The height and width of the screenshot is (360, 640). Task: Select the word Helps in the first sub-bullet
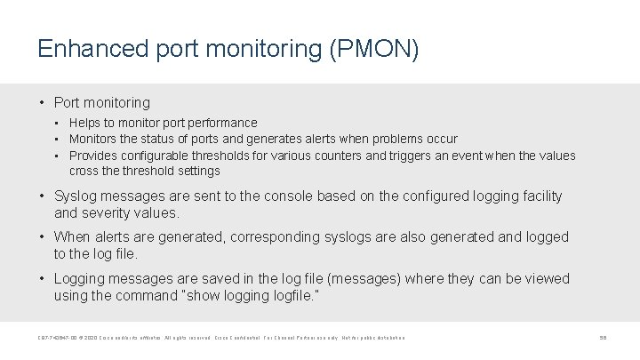coord(85,123)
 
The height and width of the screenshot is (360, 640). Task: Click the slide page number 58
coord(603,338)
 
